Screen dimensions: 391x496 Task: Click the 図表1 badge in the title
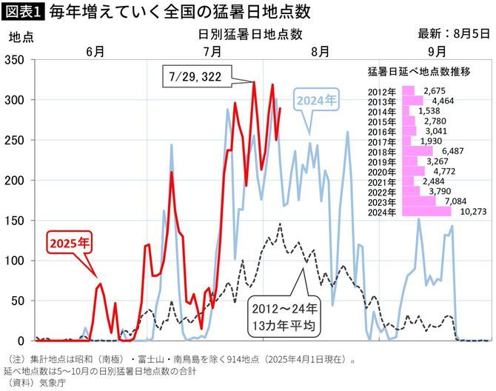[x=23, y=13]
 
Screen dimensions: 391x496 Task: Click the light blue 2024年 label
[x=316, y=98]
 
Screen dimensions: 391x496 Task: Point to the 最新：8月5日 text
[x=452, y=33]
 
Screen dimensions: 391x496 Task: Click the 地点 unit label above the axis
[x=19, y=35]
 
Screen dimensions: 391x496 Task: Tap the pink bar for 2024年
[x=426, y=211]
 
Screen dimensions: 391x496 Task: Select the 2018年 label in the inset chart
[x=383, y=150]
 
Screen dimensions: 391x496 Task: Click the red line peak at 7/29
[x=254, y=82]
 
